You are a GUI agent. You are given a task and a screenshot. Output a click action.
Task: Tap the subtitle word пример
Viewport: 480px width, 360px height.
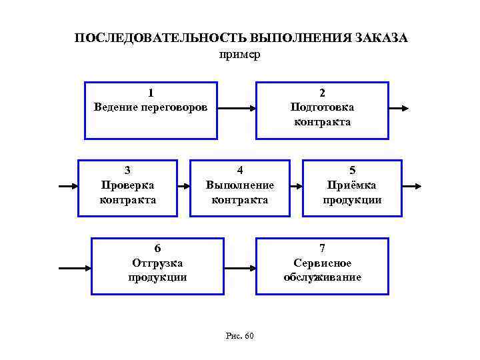coord(239,54)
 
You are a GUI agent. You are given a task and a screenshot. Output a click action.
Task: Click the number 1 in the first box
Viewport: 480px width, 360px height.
coord(151,93)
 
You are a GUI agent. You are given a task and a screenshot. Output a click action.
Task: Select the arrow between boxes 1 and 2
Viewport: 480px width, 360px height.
coord(237,108)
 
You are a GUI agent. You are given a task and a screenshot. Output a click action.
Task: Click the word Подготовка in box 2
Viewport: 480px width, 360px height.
coord(322,107)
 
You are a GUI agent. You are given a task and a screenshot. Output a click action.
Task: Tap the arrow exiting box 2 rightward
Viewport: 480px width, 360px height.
coord(399,108)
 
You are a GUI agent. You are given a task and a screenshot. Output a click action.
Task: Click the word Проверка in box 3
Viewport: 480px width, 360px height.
coord(127,185)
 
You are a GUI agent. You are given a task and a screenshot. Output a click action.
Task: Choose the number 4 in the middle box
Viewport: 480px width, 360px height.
coord(240,170)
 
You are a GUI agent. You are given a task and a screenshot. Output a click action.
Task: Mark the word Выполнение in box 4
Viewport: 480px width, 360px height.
coord(240,185)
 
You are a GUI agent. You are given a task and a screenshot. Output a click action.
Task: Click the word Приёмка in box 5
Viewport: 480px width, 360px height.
coord(352,185)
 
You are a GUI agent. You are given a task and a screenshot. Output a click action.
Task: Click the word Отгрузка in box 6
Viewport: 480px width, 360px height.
coord(157,263)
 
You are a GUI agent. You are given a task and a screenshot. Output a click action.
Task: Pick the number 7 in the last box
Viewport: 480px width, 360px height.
coord(322,248)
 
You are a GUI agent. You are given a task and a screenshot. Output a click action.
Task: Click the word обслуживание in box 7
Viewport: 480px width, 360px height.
coord(322,277)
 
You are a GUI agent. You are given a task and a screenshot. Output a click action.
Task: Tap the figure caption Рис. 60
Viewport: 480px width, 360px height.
coord(240,335)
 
